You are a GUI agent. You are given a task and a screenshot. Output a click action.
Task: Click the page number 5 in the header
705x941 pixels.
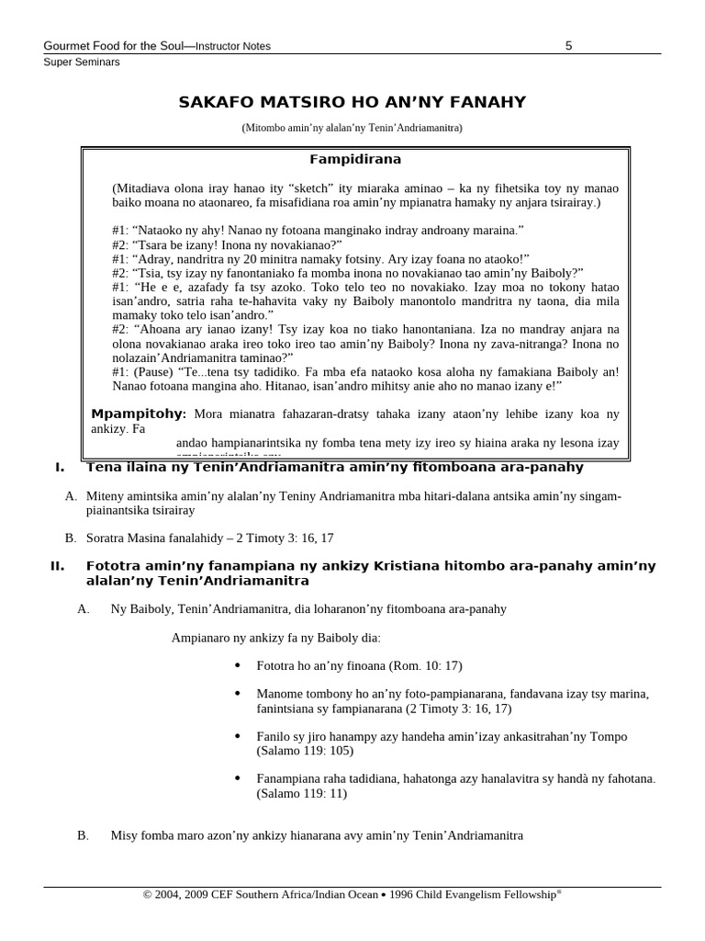tap(569, 46)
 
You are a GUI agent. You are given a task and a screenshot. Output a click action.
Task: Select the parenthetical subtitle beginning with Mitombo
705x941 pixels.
tap(352, 128)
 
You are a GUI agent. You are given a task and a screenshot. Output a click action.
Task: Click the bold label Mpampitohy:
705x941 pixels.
tap(139, 414)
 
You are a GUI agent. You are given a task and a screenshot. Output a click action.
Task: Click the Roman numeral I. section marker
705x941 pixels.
tap(60, 468)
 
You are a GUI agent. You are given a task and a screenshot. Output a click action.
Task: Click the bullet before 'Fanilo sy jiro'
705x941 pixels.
tap(238, 737)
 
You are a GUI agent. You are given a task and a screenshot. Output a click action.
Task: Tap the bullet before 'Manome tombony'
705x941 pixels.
tap(238, 694)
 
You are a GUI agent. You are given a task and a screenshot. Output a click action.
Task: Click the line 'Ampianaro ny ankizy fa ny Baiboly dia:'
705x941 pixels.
tap(275, 638)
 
